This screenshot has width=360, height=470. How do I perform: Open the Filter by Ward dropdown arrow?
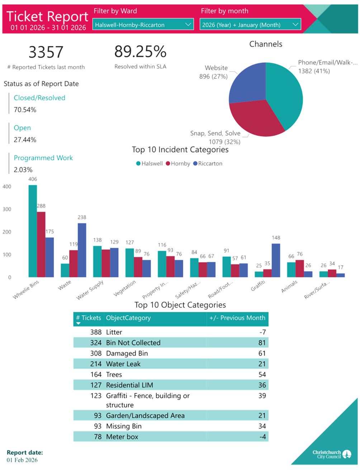click(x=188, y=25)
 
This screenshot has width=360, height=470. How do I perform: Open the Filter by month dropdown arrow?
click(x=295, y=25)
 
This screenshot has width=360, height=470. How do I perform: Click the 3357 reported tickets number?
click(x=46, y=52)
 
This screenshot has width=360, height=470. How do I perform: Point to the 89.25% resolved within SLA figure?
click(x=140, y=52)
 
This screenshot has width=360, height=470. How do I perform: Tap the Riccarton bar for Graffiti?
click(x=276, y=260)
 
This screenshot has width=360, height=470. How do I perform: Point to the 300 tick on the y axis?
click(x=7, y=209)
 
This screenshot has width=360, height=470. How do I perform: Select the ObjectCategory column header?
click(x=128, y=318)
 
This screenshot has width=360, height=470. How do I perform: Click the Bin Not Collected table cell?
click(x=133, y=343)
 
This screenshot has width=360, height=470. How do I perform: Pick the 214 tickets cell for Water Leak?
click(x=96, y=364)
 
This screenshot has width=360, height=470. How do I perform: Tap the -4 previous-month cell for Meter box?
click(x=262, y=437)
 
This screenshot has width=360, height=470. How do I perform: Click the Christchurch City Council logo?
click(x=332, y=454)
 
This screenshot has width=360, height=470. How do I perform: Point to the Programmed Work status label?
click(x=43, y=158)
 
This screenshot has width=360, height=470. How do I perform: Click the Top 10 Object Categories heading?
click(x=180, y=305)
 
